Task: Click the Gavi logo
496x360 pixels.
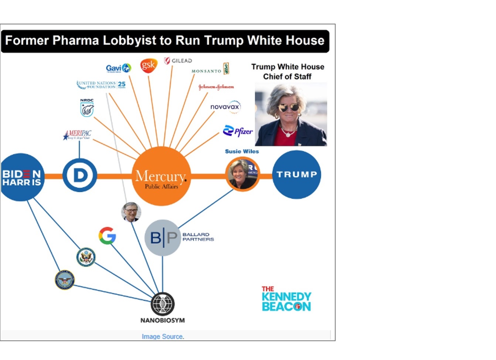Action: [118, 68]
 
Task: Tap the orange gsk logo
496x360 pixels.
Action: [149, 65]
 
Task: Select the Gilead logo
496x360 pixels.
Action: [178, 61]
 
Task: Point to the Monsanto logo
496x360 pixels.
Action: [210, 70]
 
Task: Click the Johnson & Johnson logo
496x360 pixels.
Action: [216, 87]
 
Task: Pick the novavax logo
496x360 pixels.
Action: [225, 107]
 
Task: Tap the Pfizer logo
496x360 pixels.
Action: [238, 131]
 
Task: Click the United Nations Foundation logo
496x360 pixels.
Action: [101, 85]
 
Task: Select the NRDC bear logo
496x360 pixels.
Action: [87, 108]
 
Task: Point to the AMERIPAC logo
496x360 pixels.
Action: [77, 135]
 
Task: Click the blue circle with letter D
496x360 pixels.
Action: [79, 176]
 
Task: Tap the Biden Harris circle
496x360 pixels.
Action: [21, 177]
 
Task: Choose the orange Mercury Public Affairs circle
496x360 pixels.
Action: [162, 176]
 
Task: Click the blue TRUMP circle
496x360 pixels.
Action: [296, 174]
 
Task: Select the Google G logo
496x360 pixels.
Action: [107, 236]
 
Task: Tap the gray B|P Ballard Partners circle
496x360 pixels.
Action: [162, 238]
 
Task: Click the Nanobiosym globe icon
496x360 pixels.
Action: [163, 304]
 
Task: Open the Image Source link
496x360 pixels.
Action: [163, 336]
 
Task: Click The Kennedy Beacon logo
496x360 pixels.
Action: [286, 299]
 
